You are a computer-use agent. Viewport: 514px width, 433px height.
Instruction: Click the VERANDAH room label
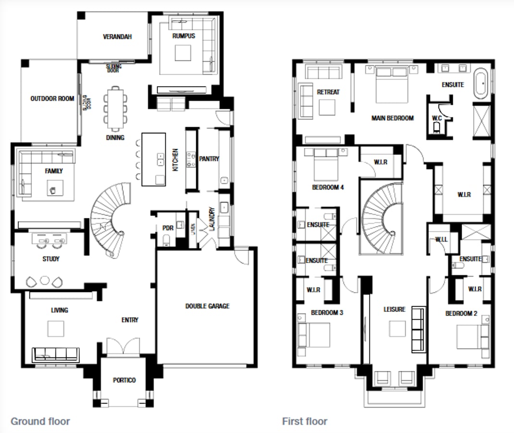[x=117, y=37]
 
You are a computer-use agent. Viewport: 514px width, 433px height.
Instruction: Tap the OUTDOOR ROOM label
[x=52, y=99]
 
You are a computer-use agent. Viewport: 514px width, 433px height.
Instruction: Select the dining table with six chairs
[x=115, y=108]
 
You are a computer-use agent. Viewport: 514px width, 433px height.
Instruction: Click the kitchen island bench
[x=153, y=160]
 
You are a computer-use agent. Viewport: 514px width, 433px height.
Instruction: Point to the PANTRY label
[x=209, y=159]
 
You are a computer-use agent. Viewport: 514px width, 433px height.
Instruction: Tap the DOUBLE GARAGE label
[x=207, y=306]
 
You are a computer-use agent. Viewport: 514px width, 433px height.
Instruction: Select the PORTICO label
[x=124, y=380]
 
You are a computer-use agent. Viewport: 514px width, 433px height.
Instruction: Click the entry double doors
[x=123, y=346]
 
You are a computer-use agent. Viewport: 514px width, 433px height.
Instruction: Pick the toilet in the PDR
[x=166, y=239]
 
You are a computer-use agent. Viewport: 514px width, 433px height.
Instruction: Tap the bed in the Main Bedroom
[x=392, y=84]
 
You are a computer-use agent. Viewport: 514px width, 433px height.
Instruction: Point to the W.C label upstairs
[x=437, y=118]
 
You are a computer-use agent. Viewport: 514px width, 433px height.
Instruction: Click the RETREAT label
[x=328, y=92]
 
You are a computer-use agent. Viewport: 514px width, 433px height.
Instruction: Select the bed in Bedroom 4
[x=326, y=164]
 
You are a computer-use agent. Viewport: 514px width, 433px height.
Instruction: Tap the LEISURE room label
[x=394, y=309]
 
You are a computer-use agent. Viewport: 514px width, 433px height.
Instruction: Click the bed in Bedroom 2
[x=469, y=337]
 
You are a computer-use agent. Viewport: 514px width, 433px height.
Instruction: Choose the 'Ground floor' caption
[x=40, y=421]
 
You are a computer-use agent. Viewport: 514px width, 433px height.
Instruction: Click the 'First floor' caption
[x=304, y=421]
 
